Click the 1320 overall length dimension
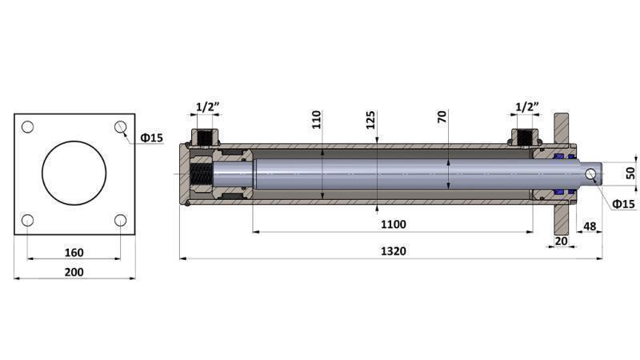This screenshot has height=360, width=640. click(x=393, y=250)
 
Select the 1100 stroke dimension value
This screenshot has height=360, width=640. click(x=393, y=224)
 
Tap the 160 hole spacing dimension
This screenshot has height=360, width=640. click(x=74, y=252)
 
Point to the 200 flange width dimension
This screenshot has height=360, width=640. click(x=74, y=271)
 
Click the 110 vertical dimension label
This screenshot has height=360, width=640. click(x=316, y=120)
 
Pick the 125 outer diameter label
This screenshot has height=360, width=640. click(x=370, y=120)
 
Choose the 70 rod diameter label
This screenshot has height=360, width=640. click(x=442, y=117)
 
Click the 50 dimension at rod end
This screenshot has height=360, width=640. click(x=630, y=173)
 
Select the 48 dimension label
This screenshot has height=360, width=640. click(x=590, y=226)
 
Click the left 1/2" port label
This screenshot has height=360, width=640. click(x=207, y=106)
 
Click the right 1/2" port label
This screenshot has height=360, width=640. click(x=526, y=106)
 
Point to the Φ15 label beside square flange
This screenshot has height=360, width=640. click(x=151, y=138)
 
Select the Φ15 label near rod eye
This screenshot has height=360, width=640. click(x=623, y=205)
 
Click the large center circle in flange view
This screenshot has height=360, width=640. click(x=74, y=173)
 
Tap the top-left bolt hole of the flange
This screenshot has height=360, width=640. click(x=27, y=126)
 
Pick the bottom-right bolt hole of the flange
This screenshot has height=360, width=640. click(x=121, y=220)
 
